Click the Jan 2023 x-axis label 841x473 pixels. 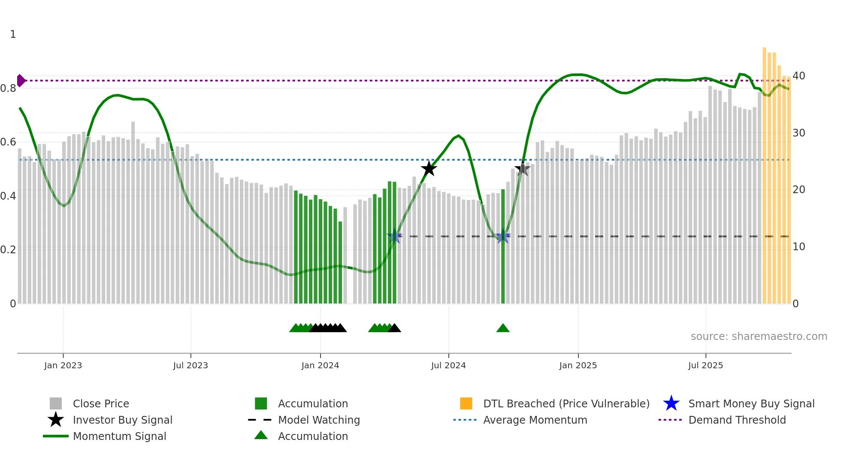(63, 365)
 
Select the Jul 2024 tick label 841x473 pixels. (448, 365)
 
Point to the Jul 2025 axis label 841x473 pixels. (705, 365)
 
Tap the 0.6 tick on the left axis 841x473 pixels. (8, 142)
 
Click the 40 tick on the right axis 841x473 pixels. (799, 76)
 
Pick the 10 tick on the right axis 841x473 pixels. (799, 247)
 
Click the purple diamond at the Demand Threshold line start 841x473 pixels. (21, 80)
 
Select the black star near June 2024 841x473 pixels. (429, 169)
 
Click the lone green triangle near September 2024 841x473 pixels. (503, 328)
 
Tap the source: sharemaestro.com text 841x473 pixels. (759, 337)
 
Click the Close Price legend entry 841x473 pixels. (101, 403)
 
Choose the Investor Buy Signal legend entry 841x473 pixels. (122, 420)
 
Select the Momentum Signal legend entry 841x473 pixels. (119, 436)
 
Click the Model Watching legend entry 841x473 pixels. (319, 420)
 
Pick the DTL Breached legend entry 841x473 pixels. (566, 403)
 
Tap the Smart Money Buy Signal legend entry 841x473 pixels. (751, 403)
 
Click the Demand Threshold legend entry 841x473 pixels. (737, 420)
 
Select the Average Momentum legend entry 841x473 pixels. (535, 420)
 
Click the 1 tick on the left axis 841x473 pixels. (13, 34)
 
